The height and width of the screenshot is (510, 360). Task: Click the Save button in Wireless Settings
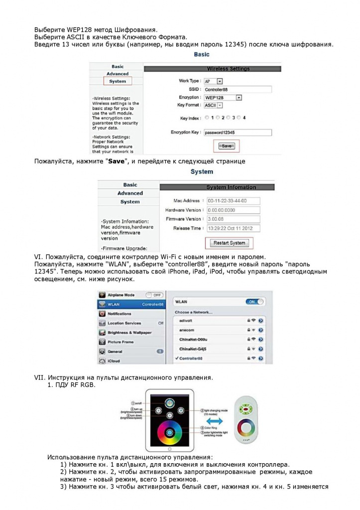tap(227, 146)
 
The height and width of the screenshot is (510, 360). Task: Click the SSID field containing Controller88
tap(238, 89)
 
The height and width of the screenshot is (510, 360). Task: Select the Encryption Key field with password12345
tap(238, 132)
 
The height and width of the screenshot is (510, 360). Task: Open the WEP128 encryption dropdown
tap(239, 98)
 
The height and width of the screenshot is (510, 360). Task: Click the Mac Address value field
tap(233, 201)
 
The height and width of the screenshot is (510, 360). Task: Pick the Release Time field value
tap(233, 228)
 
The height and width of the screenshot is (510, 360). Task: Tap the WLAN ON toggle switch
tap(255, 302)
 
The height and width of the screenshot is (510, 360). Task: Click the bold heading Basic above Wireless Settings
tap(202, 54)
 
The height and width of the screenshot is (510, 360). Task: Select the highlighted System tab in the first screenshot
tap(118, 81)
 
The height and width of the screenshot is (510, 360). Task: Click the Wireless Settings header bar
tap(228, 68)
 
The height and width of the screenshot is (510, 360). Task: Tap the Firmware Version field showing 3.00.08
tap(233, 219)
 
